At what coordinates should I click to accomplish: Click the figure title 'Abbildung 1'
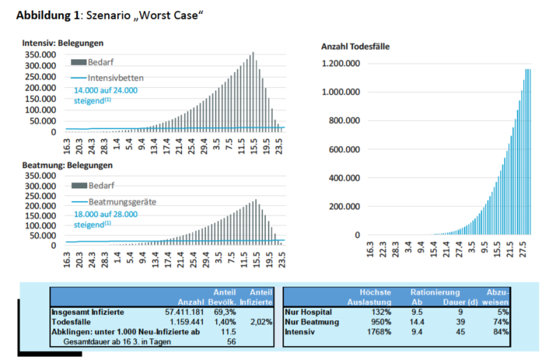[x=47, y=14]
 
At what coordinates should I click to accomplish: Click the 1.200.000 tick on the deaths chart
[x=341, y=63]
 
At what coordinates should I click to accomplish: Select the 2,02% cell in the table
[x=259, y=322]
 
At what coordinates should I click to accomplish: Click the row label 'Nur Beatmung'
[x=312, y=322]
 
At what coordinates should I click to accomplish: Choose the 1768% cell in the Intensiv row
[x=377, y=332]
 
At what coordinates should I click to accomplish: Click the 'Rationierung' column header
[x=435, y=292]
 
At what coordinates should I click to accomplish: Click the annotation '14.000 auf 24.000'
[x=106, y=90]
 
